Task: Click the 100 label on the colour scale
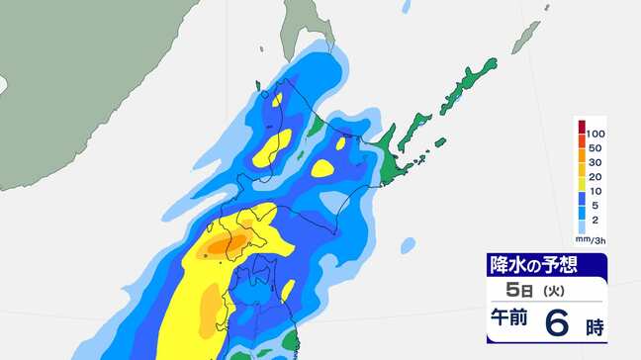[595, 133]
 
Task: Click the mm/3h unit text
[590, 241]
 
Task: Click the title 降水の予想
[534, 265]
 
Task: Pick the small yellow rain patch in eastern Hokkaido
[322, 168]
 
